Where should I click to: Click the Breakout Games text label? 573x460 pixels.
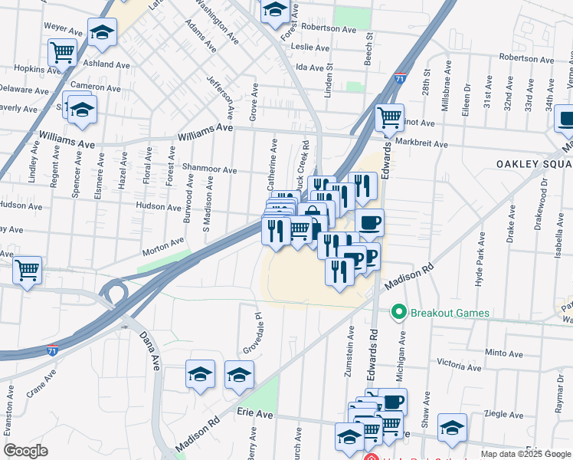(450, 313)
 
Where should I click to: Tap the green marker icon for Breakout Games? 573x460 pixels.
(398, 312)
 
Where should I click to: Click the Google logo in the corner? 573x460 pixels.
(26, 451)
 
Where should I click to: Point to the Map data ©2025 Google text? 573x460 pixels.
(526, 454)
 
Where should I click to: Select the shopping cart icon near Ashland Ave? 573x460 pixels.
(62, 52)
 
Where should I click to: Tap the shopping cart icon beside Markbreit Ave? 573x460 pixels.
(389, 117)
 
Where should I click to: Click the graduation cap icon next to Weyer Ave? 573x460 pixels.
(102, 32)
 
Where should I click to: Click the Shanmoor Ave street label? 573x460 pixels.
(209, 168)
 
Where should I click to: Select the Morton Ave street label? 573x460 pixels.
(163, 247)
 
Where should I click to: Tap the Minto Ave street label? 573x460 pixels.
(503, 353)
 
